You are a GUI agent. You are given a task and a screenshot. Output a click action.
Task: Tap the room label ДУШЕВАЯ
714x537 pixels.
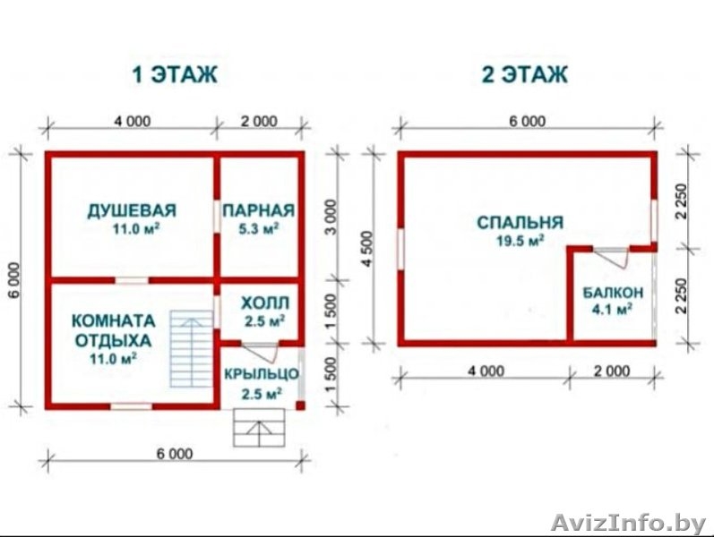[132, 210]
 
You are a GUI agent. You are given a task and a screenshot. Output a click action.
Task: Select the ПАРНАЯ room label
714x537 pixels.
[259, 210]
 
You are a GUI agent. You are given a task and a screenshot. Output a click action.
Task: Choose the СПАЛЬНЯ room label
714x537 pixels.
[520, 222]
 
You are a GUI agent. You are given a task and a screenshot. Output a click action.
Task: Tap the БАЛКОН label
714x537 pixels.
[613, 293]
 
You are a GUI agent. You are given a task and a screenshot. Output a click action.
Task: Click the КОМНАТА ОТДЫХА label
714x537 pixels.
[113, 330]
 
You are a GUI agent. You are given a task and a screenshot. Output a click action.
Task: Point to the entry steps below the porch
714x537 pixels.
[262, 427]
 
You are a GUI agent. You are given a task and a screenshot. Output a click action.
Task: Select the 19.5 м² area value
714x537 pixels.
[520, 241]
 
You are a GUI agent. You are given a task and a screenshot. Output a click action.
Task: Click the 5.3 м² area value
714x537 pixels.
[259, 228]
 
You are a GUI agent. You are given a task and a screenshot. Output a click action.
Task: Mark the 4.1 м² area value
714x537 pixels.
[613, 310]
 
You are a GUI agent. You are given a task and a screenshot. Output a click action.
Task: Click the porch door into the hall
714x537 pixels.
[261, 349]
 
